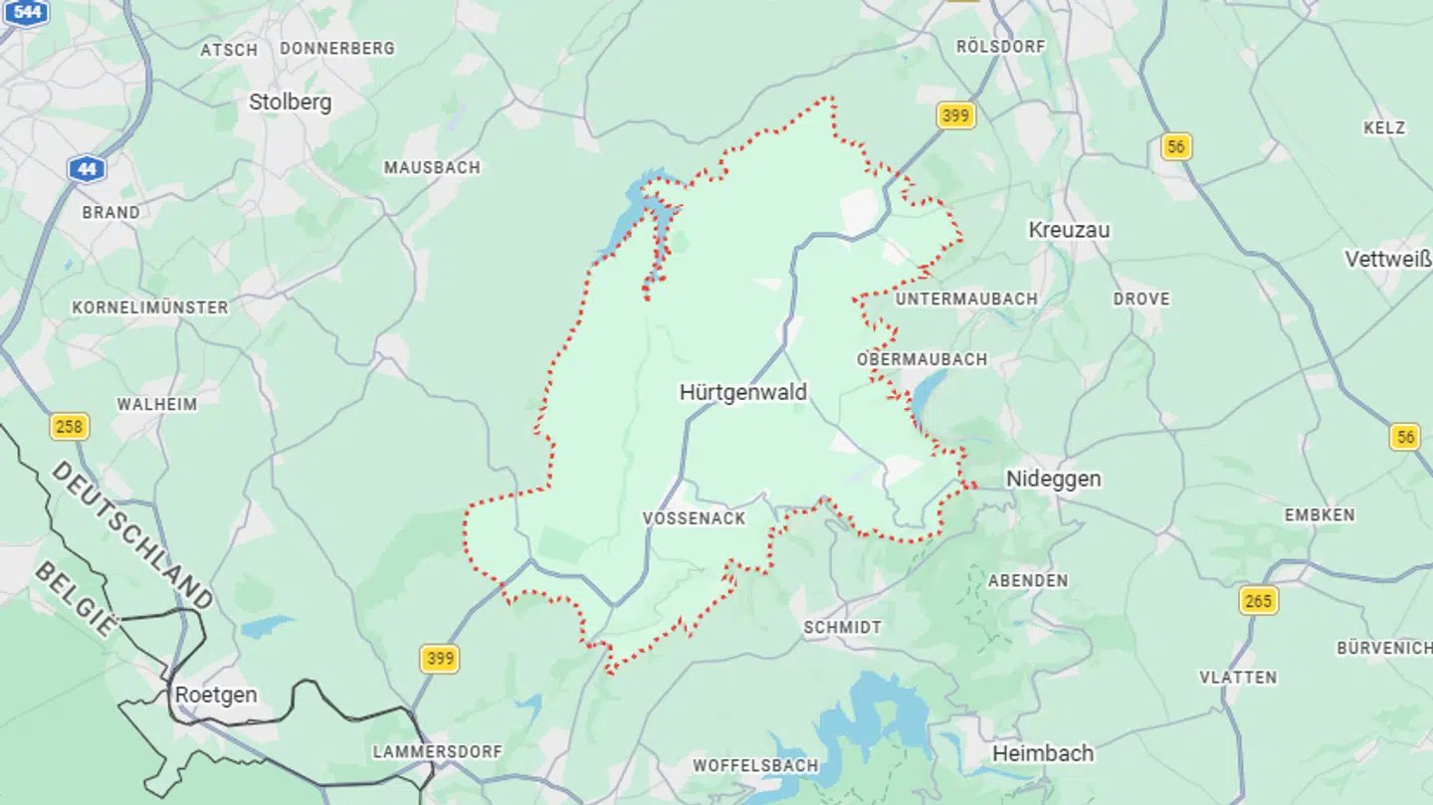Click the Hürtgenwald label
click(x=742, y=392)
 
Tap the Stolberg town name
click(x=290, y=101)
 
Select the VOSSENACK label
click(x=694, y=518)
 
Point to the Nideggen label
click(x=1053, y=479)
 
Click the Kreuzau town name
click(x=1069, y=230)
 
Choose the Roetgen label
click(x=216, y=695)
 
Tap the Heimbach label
click(x=1043, y=753)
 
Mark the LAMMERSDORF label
click(x=437, y=751)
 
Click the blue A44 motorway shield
click(x=88, y=169)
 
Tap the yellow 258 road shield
click(x=69, y=427)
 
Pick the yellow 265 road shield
click(x=1259, y=600)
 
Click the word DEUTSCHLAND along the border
click(x=131, y=534)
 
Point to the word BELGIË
click(x=76, y=599)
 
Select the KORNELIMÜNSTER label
click(x=149, y=307)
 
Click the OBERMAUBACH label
click(x=921, y=359)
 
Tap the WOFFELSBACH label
click(x=755, y=765)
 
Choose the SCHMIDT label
click(x=842, y=628)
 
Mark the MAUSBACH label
click(x=432, y=167)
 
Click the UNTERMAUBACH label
click(x=966, y=299)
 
